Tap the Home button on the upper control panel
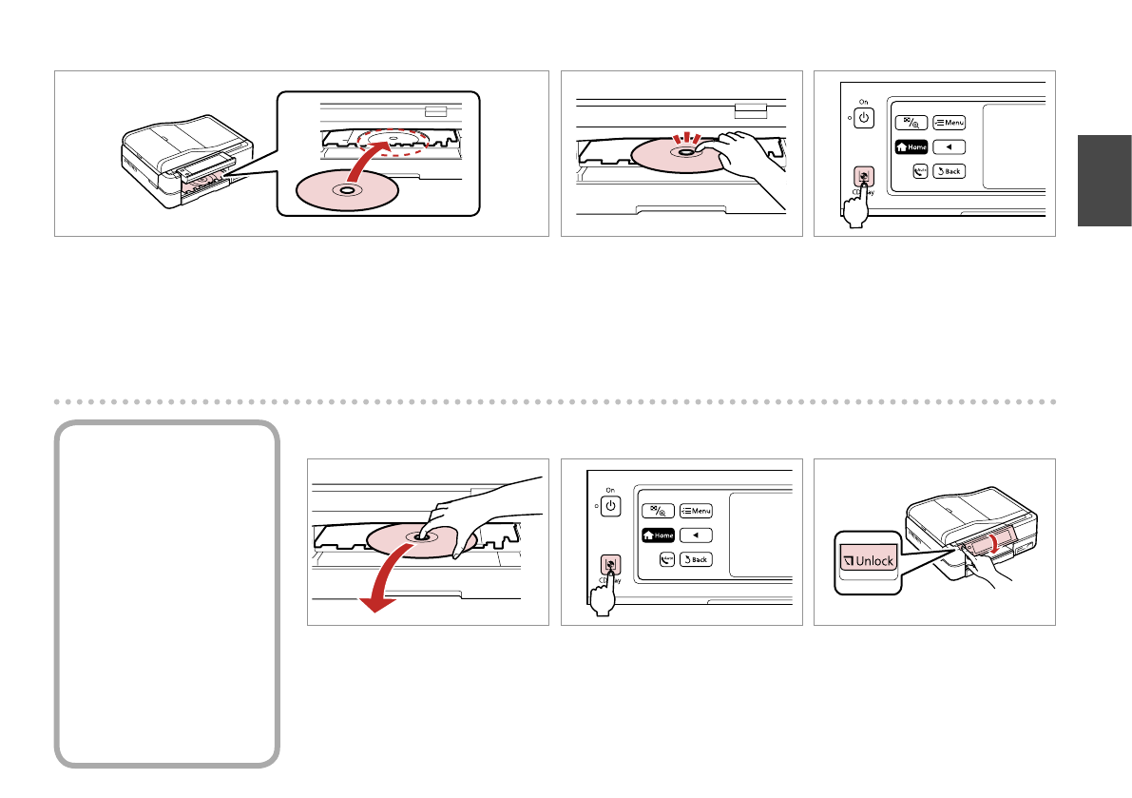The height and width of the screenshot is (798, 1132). click(911, 147)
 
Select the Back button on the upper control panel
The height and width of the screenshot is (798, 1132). click(950, 171)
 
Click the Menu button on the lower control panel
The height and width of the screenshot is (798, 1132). click(696, 511)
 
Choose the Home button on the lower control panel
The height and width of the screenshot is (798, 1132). click(659, 535)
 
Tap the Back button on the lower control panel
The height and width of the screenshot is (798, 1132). click(696, 559)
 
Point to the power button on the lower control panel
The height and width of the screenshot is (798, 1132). click(610, 505)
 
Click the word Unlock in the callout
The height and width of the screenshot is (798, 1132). click(866, 561)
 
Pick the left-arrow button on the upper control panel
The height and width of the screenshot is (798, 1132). click(950, 147)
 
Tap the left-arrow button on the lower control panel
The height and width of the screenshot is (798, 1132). click(696, 535)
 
